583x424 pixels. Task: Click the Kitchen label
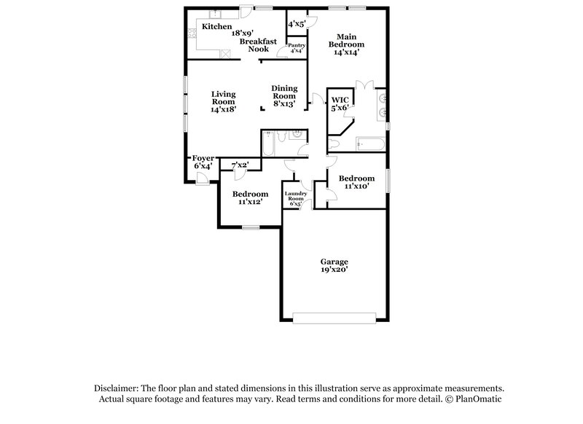pyautogui.click(x=216, y=26)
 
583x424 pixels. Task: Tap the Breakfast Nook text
pyautogui.click(x=258, y=45)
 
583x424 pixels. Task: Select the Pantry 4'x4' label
pyautogui.click(x=297, y=48)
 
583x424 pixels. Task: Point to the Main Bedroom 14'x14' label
pyautogui.click(x=349, y=44)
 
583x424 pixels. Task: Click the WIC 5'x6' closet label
pyautogui.click(x=340, y=103)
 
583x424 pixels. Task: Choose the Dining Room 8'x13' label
pyautogui.click(x=283, y=96)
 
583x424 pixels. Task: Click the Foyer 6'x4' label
pyautogui.click(x=203, y=162)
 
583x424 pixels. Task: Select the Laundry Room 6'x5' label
pyautogui.click(x=295, y=198)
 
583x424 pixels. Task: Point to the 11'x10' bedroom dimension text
pyautogui.click(x=356, y=186)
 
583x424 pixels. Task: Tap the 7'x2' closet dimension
pyautogui.click(x=240, y=165)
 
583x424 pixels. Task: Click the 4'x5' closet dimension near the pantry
pyautogui.click(x=297, y=24)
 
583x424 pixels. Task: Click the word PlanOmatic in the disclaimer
pyautogui.click(x=478, y=399)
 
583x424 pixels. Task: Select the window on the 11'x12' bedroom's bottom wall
pyautogui.click(x=251, y=227)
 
